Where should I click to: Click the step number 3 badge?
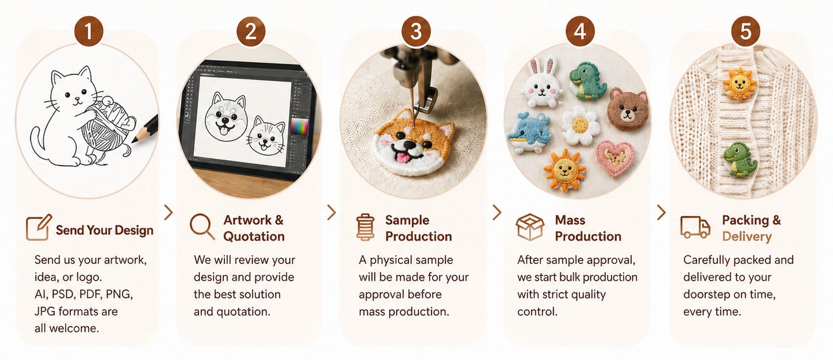[x=416, y=31]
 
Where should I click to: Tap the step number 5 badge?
[x=746, y=31]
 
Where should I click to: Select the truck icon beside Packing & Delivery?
[x=695, y=227]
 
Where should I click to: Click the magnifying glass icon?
[x=202, y=226]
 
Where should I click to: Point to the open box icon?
[x=530, y=227]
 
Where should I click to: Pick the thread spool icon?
[x=365, y=227]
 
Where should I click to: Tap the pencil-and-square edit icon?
[x=39, y=227]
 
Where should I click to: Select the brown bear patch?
[x=628, y=109]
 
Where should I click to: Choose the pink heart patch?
[x=615, y=158]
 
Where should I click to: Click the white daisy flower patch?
[x=580, y=125]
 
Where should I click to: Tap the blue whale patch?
[x=530, y=132]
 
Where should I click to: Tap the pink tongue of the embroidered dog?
[x=402, y=158]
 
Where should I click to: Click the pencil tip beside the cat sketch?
[x=133, y=141]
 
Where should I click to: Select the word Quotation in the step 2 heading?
[x=254, y=236]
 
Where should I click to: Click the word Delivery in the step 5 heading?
[x=747, y=236]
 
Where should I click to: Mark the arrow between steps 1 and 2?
[x=169, y=212]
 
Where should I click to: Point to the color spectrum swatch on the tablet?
[x=299, y=127]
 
